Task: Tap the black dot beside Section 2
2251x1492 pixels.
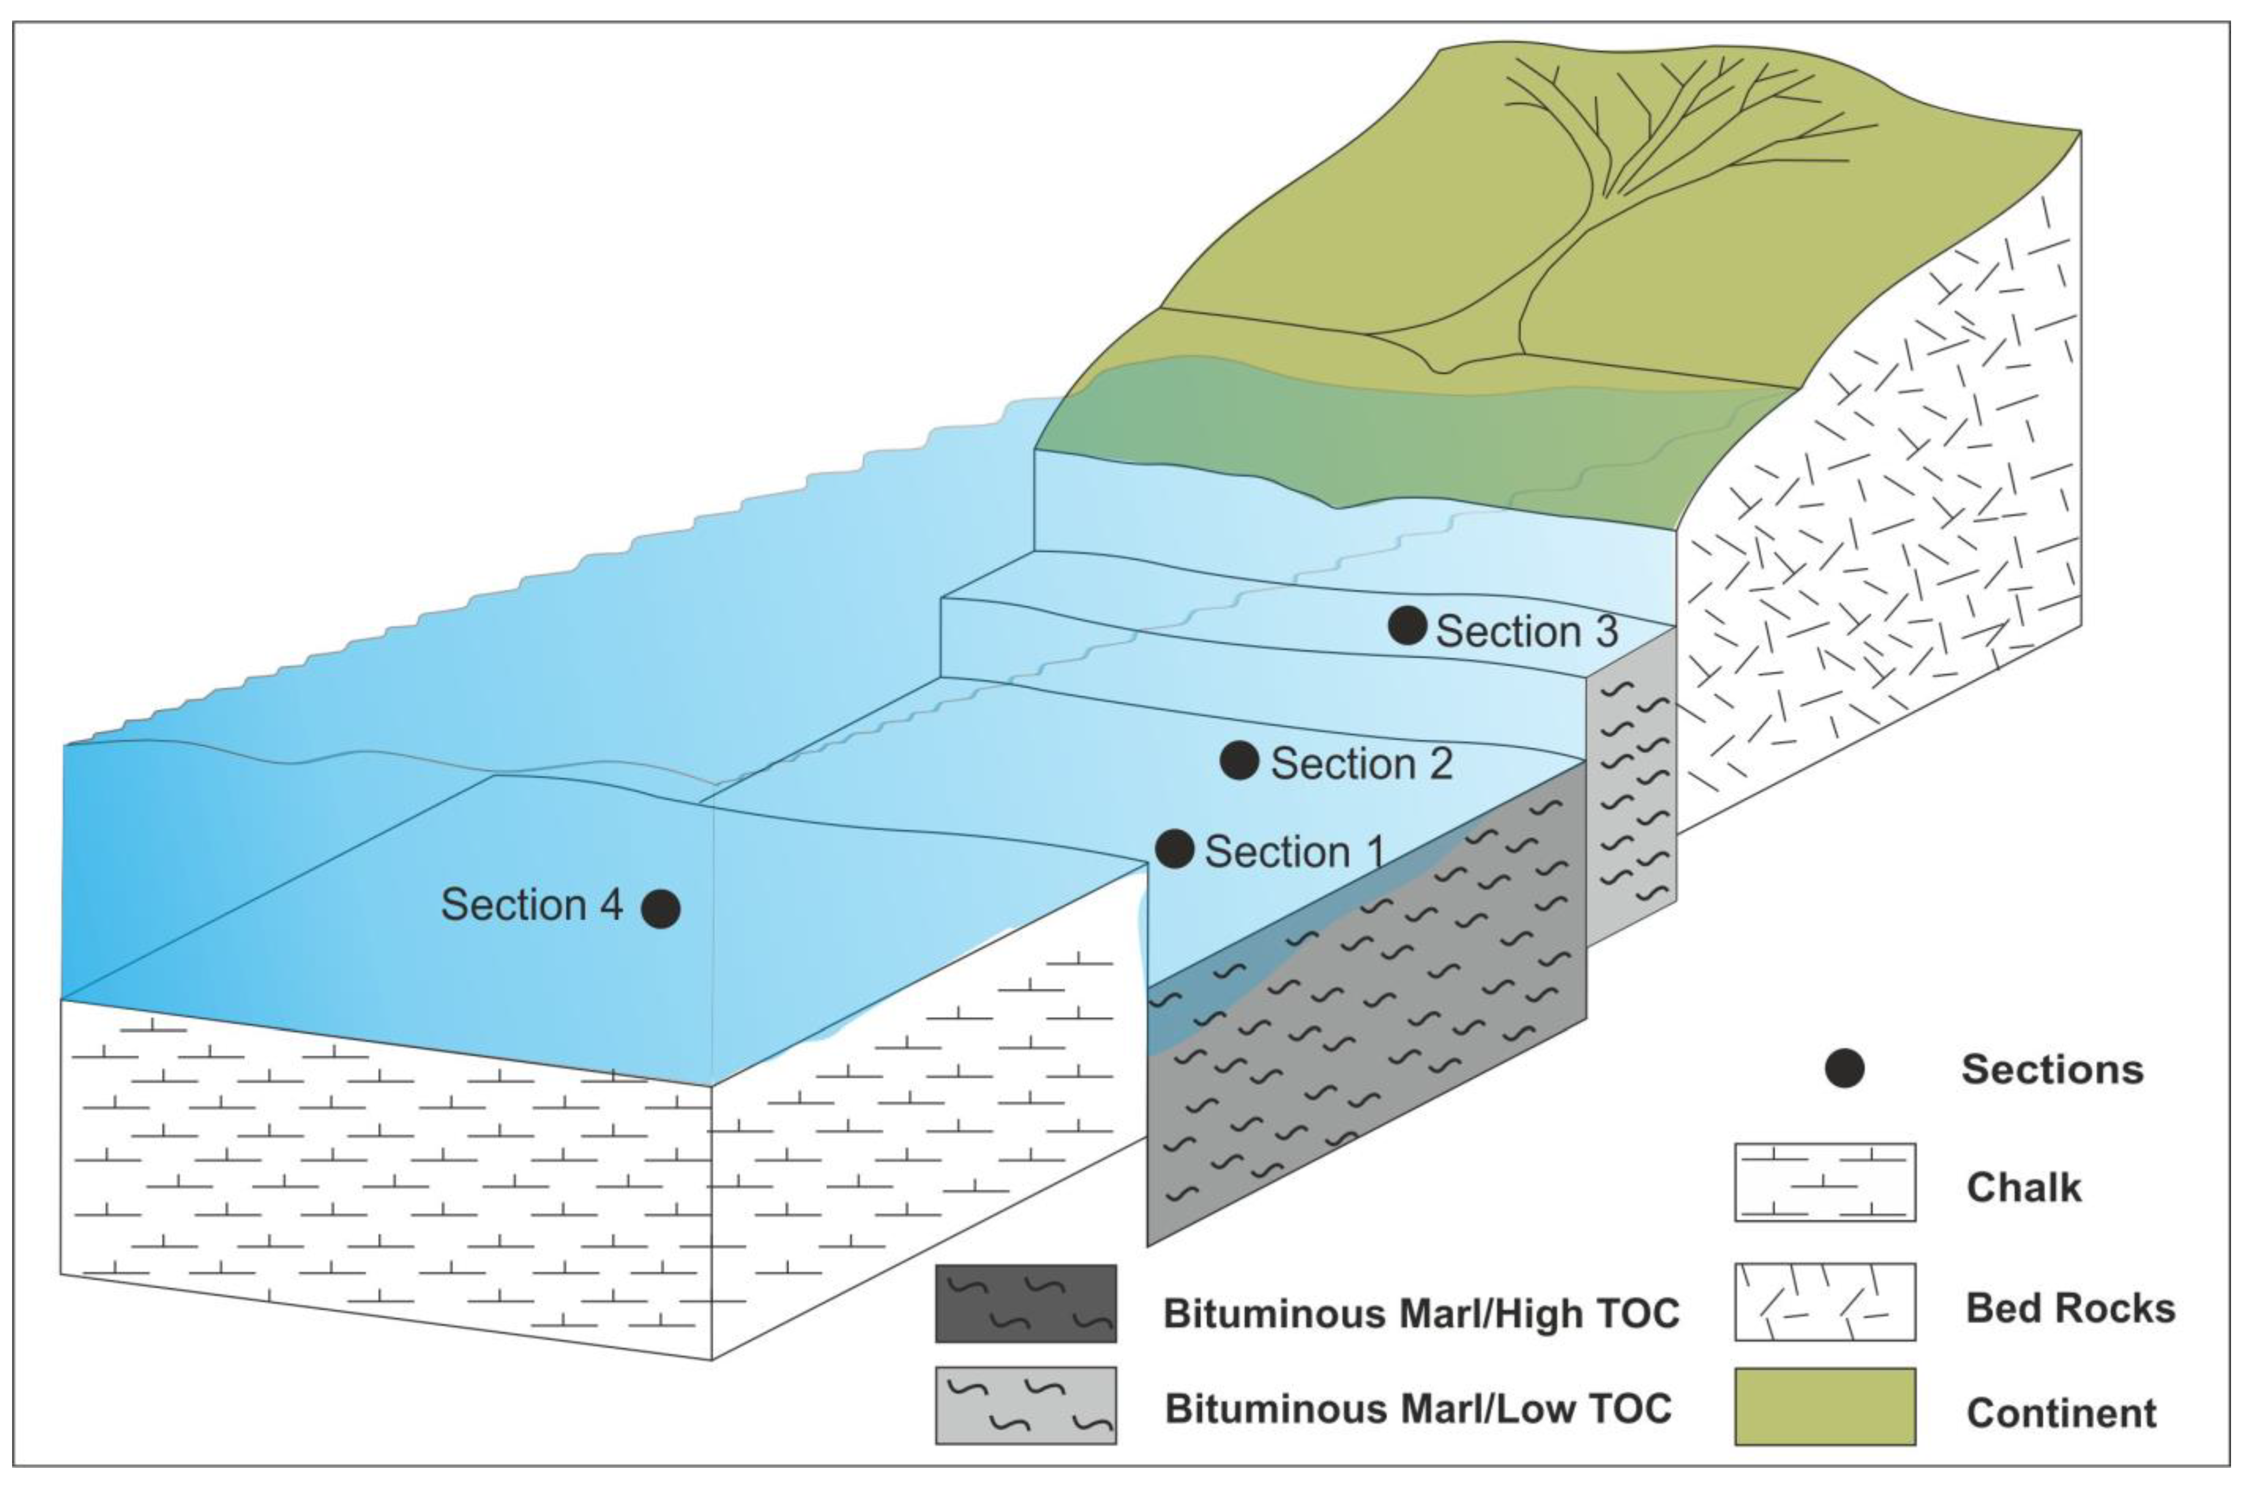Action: (x=1239, y=760)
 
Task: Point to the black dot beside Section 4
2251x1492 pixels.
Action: (x=660, y=909)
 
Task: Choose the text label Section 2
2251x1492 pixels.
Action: (x=1362, y=764)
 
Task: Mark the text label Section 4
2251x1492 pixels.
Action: (x=531, y=905)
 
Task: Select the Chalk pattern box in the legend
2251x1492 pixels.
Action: (x=1825, y=1182)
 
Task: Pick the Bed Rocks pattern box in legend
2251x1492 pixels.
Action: (x=1825, y=1302)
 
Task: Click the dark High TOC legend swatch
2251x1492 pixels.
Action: (x=1025, y=1304)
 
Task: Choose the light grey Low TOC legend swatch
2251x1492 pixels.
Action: (x=1025, y=1405)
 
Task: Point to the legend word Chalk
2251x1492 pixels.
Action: (x=2023, y=1188)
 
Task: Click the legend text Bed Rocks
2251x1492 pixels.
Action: (x=2070, y=1309)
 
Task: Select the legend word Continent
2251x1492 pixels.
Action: (x=2061, y=1413)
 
